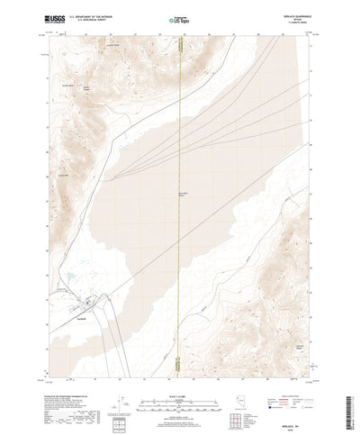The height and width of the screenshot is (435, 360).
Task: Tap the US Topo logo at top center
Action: [179, 18]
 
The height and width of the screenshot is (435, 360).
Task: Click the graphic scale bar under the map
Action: [179, 379]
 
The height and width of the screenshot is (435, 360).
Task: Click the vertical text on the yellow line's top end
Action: [181, 56]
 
